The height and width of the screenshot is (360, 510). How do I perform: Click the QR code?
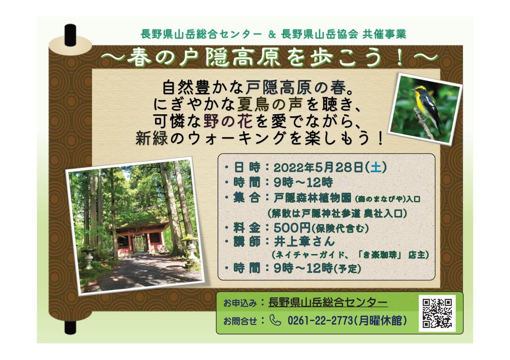(x=437, y=313)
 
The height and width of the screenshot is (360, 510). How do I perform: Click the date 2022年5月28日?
(x=318, y=168)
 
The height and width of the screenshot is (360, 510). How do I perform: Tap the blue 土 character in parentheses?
(x=375, y=168)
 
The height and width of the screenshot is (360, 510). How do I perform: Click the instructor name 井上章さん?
(x=304, y=242)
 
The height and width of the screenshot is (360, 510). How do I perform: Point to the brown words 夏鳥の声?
(x=270, y=105)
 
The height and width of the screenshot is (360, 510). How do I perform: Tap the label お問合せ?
(x=240, y=321)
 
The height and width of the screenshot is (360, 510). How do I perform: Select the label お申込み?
(x=240, y=303)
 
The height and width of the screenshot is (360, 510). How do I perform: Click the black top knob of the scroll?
(x=70, y=35)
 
